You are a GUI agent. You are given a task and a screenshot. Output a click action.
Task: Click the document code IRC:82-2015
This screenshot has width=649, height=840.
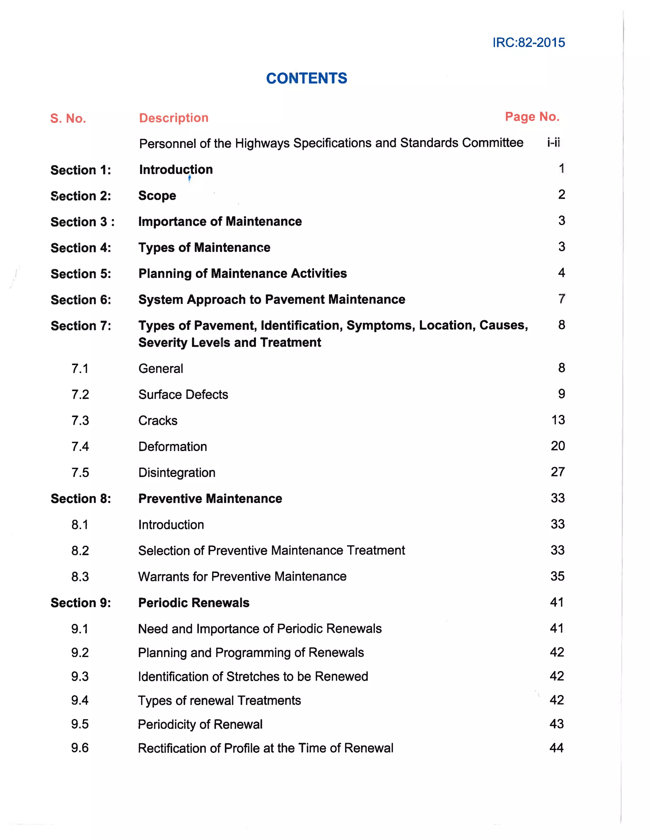point(529,42)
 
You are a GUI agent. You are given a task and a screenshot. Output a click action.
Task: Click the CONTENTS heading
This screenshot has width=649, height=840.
point(306,79)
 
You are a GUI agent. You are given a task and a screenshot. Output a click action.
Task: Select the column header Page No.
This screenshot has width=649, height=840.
point(532,117)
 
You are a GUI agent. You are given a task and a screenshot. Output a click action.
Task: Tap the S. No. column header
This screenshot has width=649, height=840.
point(68,119)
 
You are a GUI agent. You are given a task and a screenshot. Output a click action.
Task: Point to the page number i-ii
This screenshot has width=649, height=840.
point(554,143)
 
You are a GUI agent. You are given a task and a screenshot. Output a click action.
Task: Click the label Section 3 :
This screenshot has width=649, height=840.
point(82,222)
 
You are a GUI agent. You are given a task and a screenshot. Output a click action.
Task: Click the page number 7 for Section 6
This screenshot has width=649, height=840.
point(562,299)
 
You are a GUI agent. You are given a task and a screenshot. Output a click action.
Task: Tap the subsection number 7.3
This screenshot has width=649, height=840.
point(80,420)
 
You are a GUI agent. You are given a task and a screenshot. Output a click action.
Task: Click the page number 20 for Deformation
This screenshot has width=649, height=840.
point(557,446)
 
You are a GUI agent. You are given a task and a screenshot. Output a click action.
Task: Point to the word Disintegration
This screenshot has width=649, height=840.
point(177,473)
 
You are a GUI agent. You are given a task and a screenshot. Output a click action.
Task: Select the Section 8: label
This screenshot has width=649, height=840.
point(81,499)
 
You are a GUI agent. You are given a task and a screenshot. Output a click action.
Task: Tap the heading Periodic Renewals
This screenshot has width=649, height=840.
point(194,603)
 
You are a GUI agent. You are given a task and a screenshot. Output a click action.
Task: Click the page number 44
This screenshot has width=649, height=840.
point(556,748)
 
